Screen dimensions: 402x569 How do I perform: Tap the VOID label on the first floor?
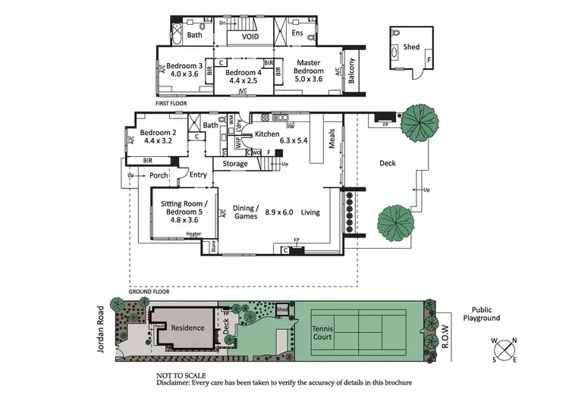(x=250, y=36)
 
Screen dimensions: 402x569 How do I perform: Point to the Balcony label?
(x=351, y=73)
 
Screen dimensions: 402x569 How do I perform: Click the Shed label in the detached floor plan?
(x=411, y=47)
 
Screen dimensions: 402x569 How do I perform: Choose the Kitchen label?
(x=266, y=134)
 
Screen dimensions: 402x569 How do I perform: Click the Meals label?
(x=332, y=141)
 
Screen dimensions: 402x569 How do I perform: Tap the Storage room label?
(x=235, y=163)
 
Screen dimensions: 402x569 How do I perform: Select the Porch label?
(x=159, y=175)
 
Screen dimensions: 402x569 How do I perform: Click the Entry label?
(x=198, y=175)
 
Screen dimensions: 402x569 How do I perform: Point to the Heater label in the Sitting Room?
(x=193, y=234)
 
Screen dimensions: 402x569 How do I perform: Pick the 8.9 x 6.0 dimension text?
(x=280, y=213)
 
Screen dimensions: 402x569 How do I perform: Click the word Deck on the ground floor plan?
(x=388, y=163)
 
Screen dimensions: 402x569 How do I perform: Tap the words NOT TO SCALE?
(x=181, y=375)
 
